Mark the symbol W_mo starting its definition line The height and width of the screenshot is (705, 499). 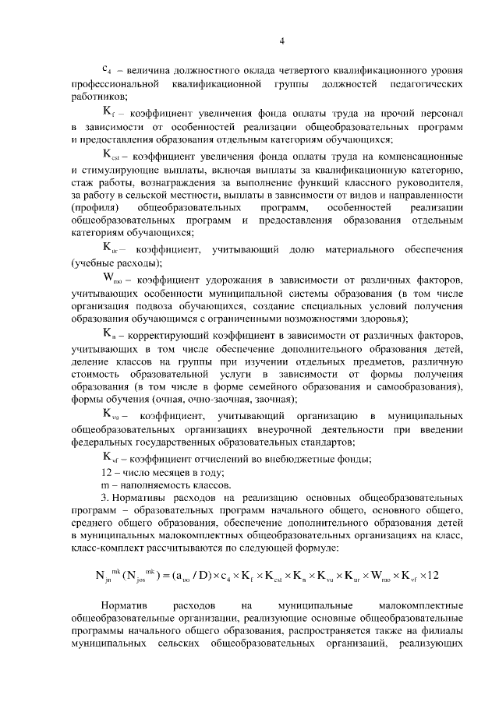point(113,279)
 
